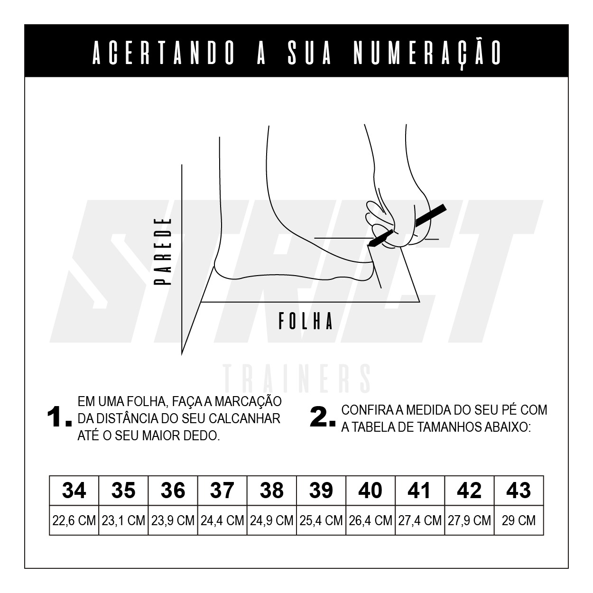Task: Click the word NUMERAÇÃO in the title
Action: pos(427,54)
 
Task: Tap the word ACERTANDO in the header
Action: pos(163,54)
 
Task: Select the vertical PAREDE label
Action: pos(162,251)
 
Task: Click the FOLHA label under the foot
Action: pos(306,321)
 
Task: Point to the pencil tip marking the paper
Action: pos(369,245)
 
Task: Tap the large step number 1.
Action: pos(59,417)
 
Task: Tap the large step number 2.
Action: pos(323,417)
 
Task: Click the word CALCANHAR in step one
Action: pos(244,418)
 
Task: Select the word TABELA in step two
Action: pos(373,427)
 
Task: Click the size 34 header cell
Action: pos(74,490)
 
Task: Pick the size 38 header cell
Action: pos(272,490)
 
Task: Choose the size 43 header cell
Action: pos(519,490)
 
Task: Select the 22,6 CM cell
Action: pos(74,520)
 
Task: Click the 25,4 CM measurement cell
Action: pos(321,520)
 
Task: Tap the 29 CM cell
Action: pos(519,520)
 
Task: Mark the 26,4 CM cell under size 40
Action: pos(371,520)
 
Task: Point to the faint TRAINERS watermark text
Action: pos(297,379)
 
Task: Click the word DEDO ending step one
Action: pos(202,436)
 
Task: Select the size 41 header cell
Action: pos(420,490)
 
